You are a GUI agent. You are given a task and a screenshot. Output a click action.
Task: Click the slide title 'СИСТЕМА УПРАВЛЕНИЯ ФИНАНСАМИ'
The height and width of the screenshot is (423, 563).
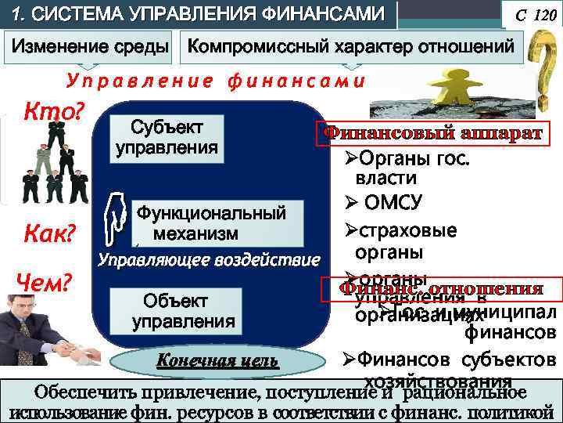pos(199,14)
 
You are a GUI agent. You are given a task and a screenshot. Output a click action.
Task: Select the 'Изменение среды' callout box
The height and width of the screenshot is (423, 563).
pos(89,48)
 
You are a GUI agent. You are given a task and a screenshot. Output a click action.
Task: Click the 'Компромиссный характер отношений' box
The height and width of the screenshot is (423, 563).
pos(351,48)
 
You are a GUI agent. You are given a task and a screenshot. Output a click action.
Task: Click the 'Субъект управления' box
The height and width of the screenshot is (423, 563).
pos(167,138)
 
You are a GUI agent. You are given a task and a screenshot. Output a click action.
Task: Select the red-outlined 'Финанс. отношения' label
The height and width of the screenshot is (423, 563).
pos(441,288)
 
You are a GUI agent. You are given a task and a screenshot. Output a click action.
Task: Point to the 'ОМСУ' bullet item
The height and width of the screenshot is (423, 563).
pos(391,203)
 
